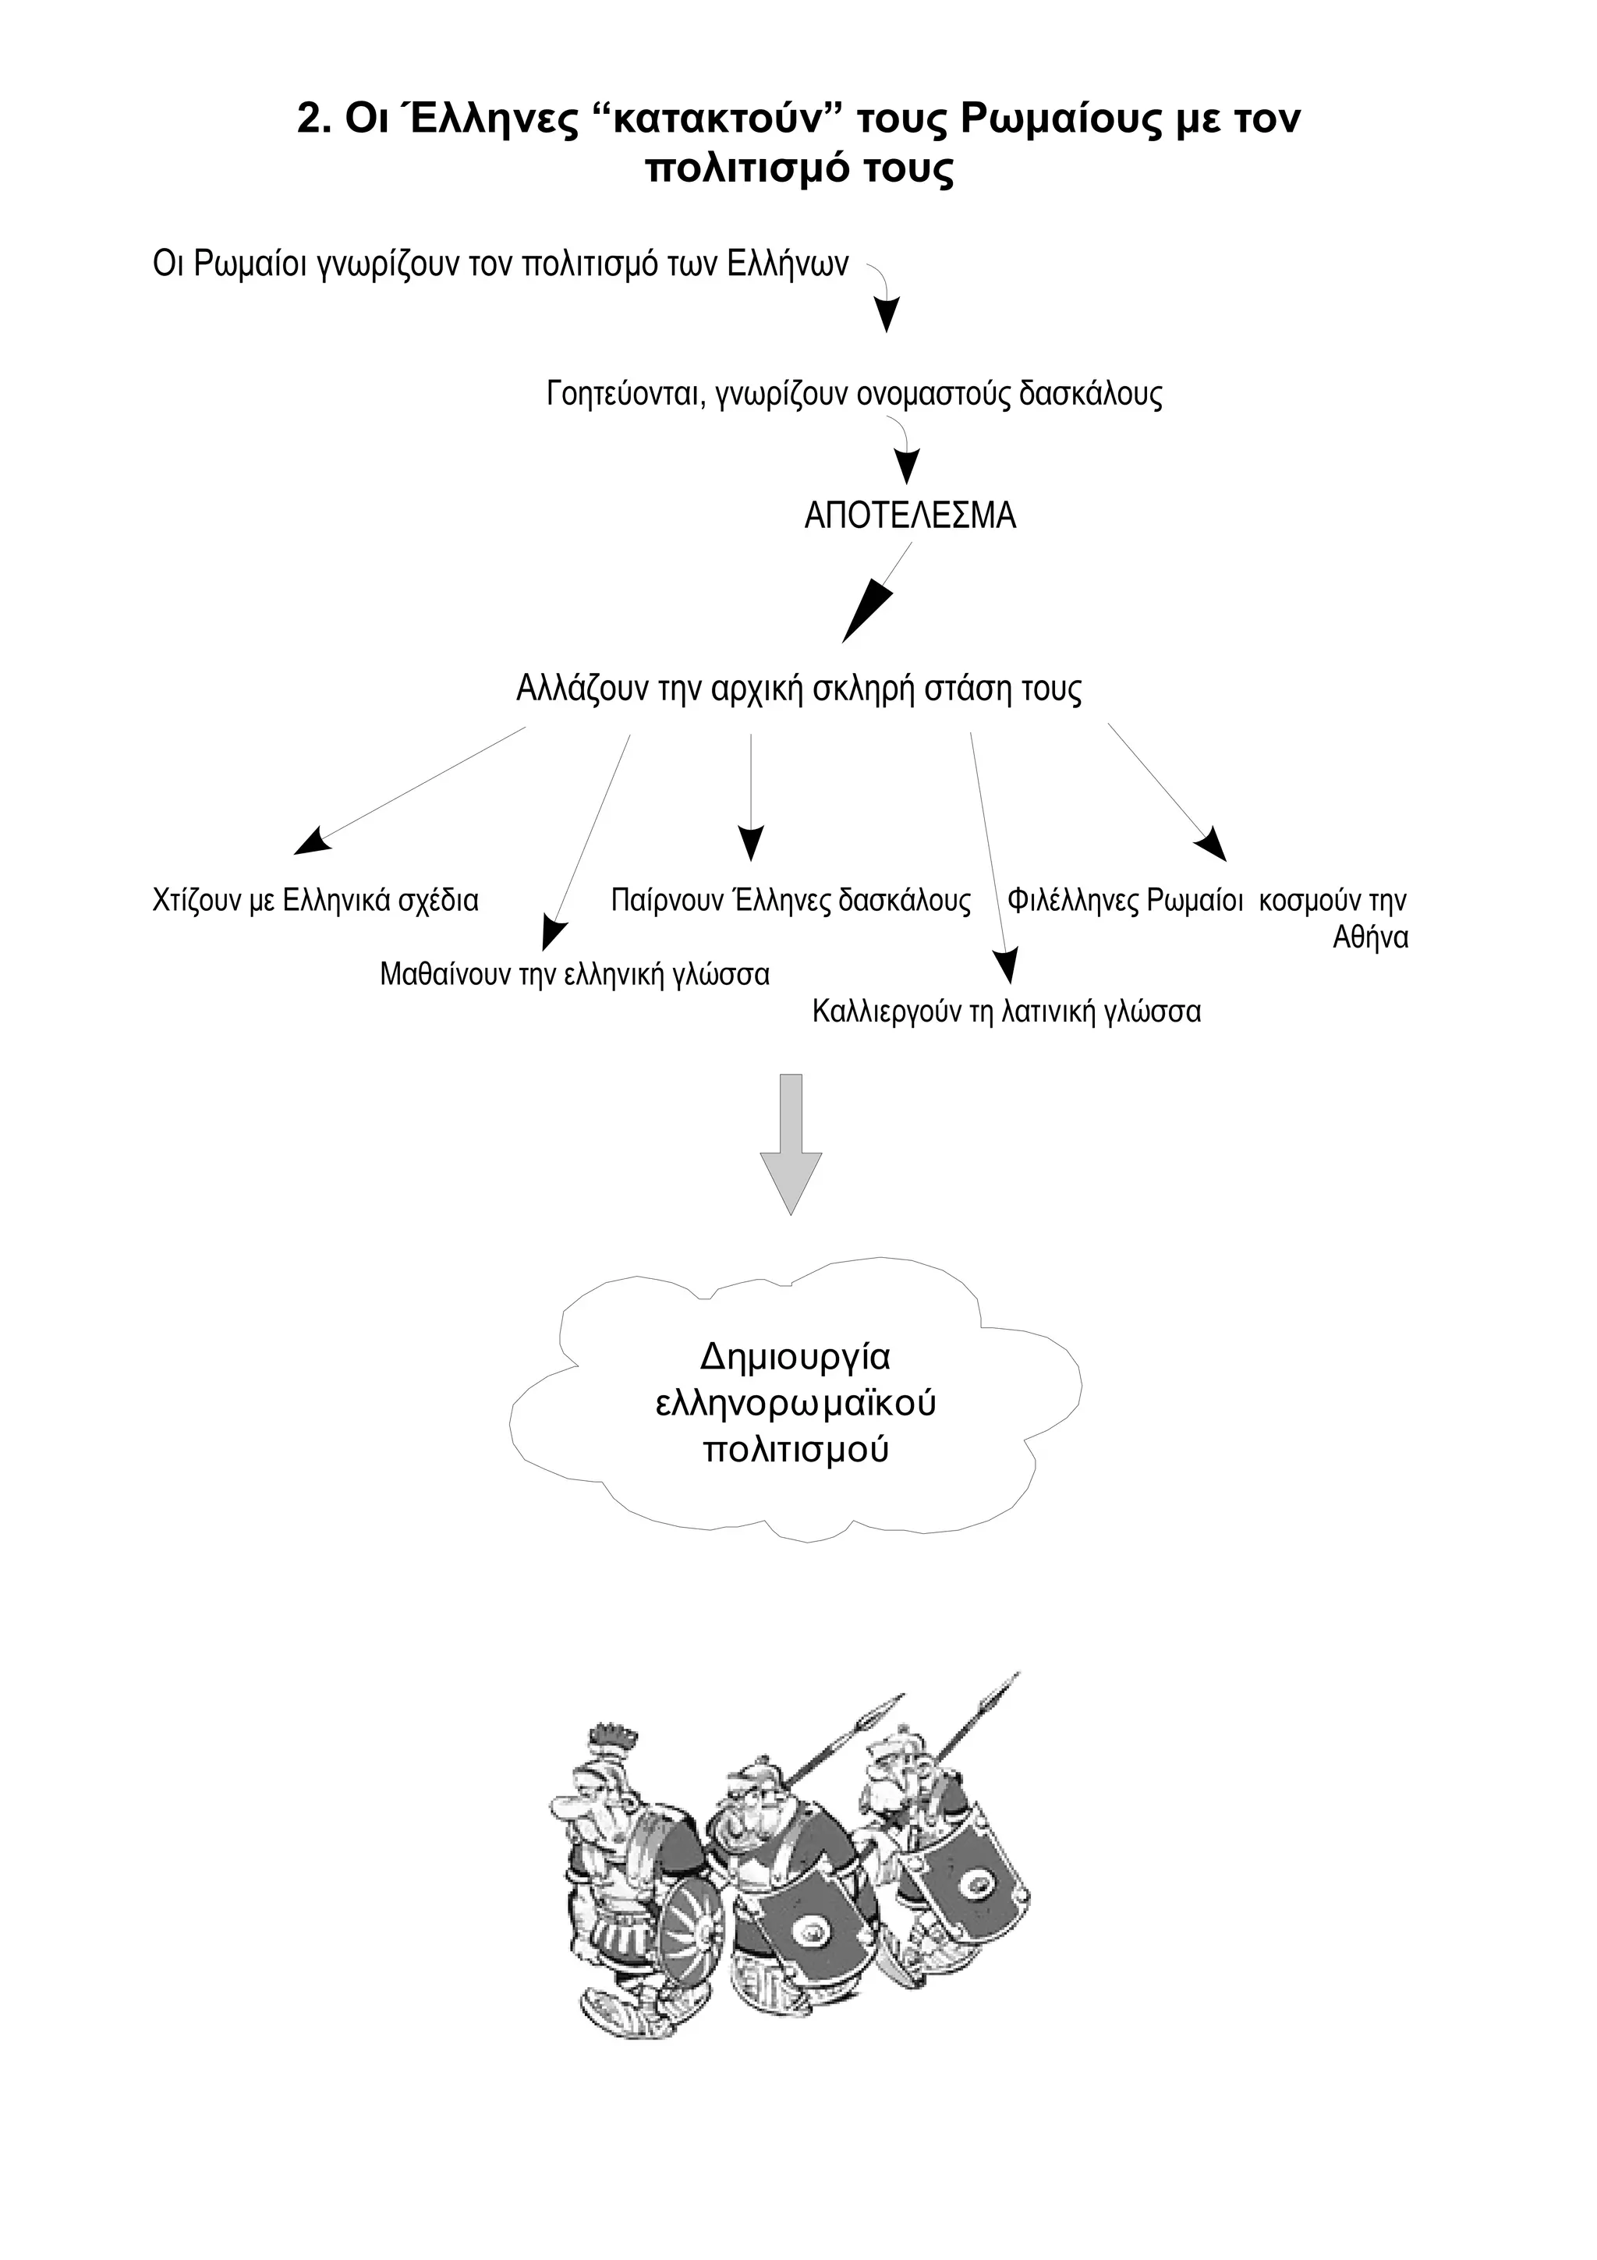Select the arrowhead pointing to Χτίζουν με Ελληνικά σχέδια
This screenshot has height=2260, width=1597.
coord(313,841)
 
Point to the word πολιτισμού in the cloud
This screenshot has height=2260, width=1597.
coord(796,1450)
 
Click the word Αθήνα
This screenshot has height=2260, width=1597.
coord(1370,938)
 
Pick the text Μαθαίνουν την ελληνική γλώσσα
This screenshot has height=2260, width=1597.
coord(575,975)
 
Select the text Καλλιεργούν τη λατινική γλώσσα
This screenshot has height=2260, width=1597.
coord(1006,1012)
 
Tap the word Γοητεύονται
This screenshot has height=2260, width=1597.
coord(624,395)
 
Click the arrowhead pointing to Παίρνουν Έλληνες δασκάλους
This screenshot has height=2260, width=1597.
coord(751,844)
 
